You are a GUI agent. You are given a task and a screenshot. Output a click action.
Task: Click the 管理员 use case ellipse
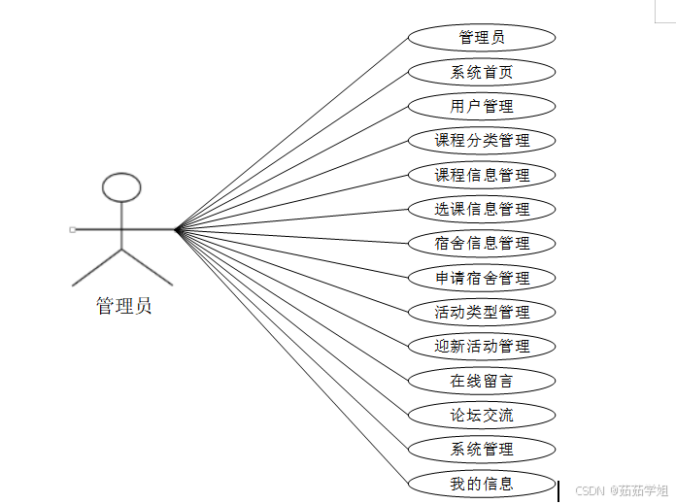(x=482, y=38)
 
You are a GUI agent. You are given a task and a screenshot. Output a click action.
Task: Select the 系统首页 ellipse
(x=482, y=72)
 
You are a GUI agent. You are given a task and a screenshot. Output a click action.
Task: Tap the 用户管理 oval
(x=482, y=106)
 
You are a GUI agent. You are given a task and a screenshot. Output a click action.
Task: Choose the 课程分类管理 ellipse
(x=482, y=141)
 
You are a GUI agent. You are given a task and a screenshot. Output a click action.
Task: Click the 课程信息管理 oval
(x=482, y=175)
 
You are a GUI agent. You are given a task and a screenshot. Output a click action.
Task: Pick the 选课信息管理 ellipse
(x=482, y=209)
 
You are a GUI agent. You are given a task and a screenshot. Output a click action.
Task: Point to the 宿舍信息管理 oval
(x=482, y=243)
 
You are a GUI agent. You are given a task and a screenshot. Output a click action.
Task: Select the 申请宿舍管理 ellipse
(x=482, y=278)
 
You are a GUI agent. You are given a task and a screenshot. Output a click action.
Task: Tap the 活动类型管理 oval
(x=482, y=312)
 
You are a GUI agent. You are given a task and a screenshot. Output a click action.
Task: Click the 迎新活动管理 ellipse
(x=482, y=346)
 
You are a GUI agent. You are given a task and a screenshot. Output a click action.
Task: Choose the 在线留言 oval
(x=482, y=381)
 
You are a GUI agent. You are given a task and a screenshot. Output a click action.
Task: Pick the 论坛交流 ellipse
(x=482, y=415)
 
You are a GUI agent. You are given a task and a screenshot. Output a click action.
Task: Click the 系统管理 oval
(x=482, y=449)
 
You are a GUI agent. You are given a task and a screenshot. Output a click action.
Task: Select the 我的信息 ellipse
(x=482, y=483)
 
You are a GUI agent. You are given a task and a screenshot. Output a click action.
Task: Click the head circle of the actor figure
(x=121, y=186)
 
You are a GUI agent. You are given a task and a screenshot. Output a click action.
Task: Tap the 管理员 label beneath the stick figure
(x=123, y=306)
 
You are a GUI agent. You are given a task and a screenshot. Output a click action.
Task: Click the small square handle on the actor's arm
(x=73, y=229)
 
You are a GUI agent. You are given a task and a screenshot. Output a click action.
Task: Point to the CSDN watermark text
(x=619, y=490)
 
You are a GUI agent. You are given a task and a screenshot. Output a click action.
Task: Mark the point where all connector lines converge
(x=176, y=229)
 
